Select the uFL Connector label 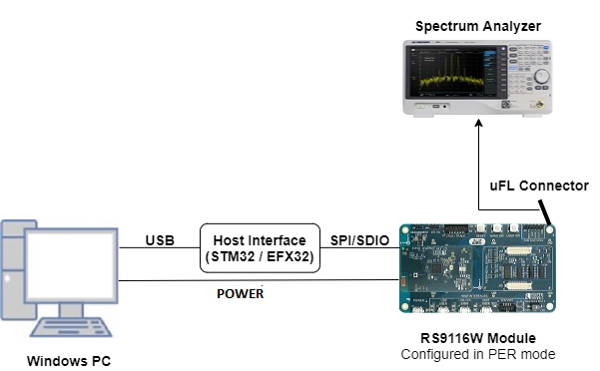tap(538, 186)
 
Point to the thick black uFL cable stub tap(545, 211)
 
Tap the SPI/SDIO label tap(358, 239)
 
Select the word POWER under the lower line tap(241, 294)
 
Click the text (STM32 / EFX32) tap(260, 257)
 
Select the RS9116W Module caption tap(478, 338)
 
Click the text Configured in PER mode tap(478, 354)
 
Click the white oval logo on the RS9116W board tap(479, 240)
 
